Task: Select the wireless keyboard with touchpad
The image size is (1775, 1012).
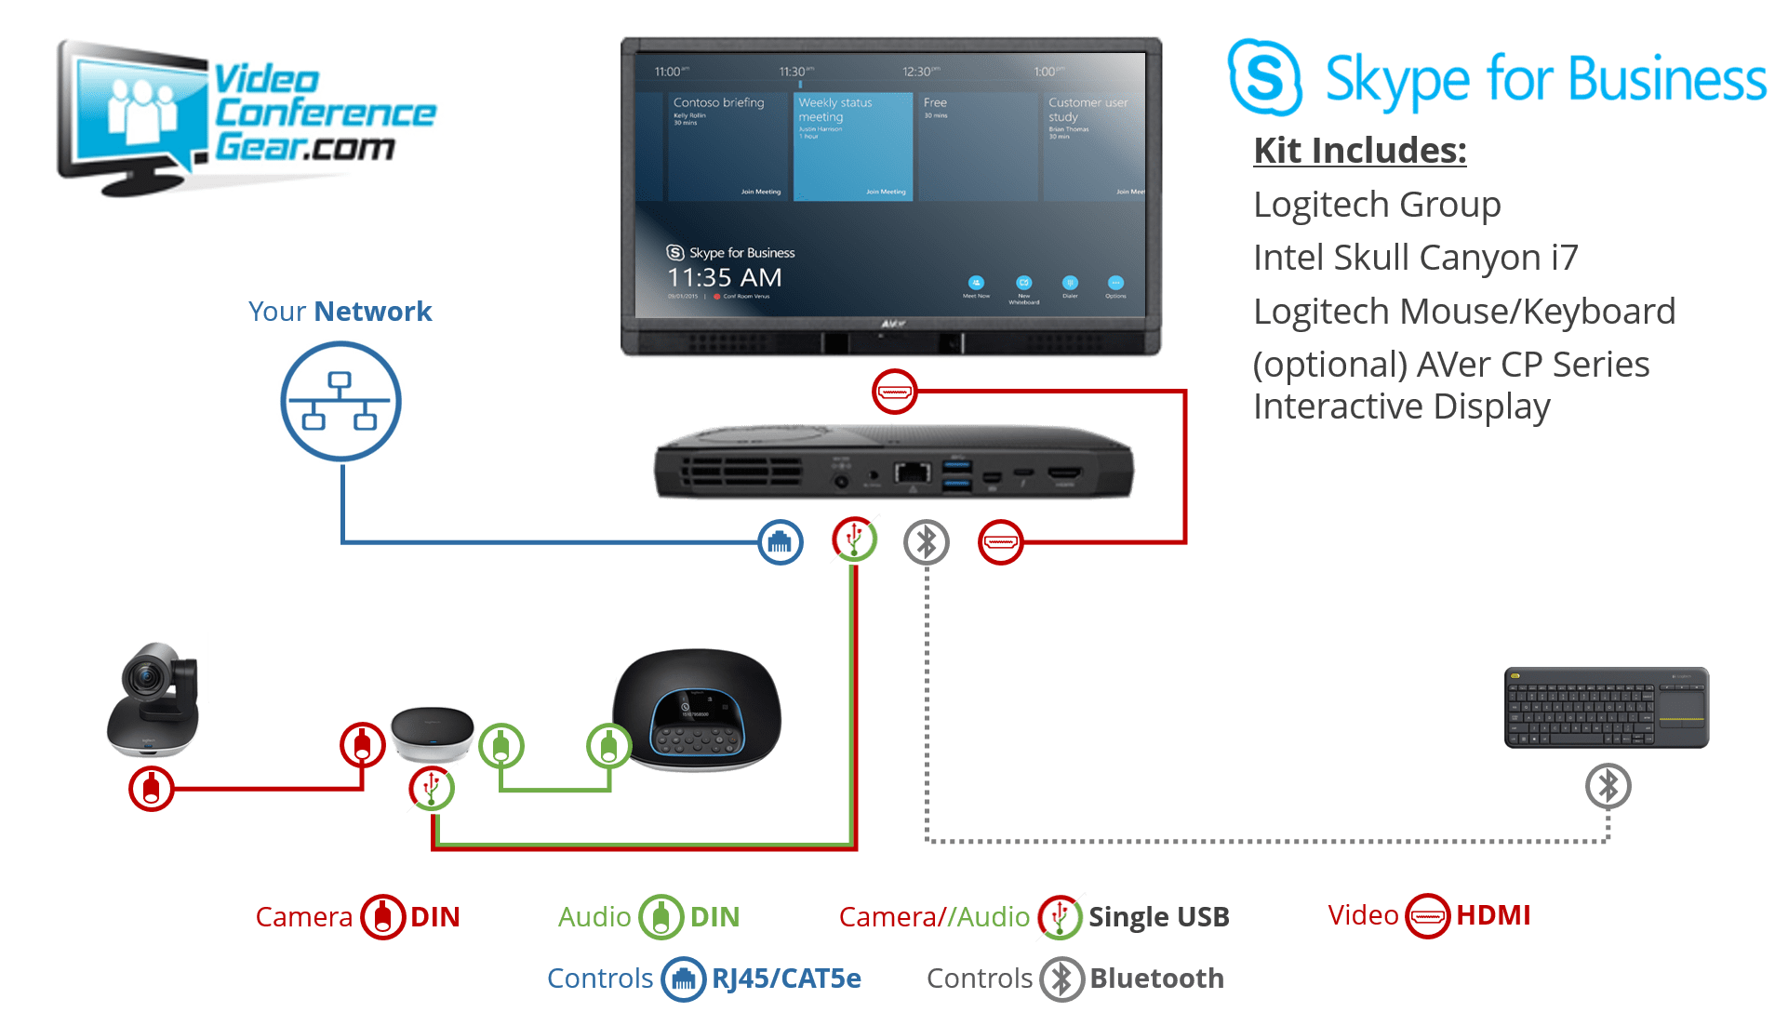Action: [x=1607, y=708]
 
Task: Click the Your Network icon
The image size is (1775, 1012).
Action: [x=341, y=401]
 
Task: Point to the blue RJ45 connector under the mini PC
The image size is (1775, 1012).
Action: [x=781, y=542]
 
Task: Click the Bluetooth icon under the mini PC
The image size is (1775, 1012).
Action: [x=927, y=542]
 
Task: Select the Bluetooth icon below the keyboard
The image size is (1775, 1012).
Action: [x=1608, y=787]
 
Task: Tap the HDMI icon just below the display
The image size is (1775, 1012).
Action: [x=894, y=392]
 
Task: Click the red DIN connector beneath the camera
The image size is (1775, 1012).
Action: [x=152, y=789]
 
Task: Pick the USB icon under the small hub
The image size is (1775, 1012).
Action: [x=432, y=789]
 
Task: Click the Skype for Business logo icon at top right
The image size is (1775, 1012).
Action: [x=1264, y=78]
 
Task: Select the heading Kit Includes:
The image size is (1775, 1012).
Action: [x=1359, y=151]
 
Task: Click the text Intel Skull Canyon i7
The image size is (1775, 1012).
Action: [x=1415, y=258]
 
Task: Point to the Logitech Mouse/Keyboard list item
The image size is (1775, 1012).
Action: [x=1463, y=312]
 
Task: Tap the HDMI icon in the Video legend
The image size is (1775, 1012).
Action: [x=1427, y=916]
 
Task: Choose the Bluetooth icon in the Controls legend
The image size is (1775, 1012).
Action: [x=1061, y=979]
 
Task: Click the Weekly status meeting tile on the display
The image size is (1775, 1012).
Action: [x=853, y=145]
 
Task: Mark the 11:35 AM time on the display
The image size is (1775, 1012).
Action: [x=724, y=277]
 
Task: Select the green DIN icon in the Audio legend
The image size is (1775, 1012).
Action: [x=661, y=917]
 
